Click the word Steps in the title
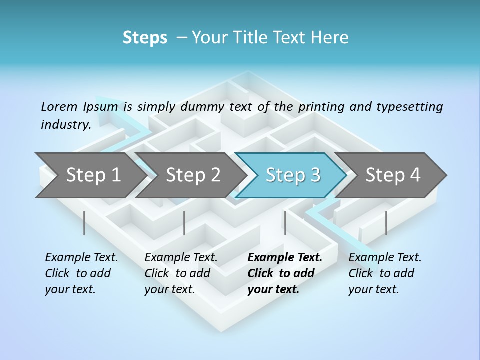pos(145,38)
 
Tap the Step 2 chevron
pos(193,175)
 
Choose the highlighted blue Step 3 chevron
pos(292,175)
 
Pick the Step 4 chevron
pos(393,175)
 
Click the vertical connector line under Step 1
pos(84,223)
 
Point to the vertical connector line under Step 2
pos(184,223)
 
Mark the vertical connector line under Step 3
pos(285,223)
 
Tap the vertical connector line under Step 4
pos(386,223)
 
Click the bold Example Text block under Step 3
pos(284,273)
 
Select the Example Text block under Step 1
pos(81,273)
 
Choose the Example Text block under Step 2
pos(181,273)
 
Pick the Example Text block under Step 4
pos(385,273)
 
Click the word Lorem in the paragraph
pos(59,106)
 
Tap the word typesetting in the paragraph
pos(409,107)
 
